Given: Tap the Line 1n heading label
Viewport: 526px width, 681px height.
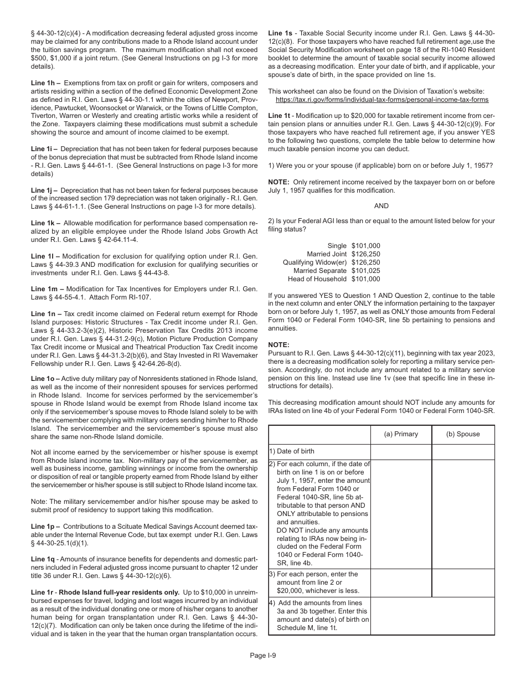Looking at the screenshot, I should point(44,314).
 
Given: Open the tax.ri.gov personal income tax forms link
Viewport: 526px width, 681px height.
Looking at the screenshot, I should point(382,100).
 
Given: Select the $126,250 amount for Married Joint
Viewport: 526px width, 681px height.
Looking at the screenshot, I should point(366,254).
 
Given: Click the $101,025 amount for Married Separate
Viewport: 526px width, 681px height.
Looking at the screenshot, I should point(366,271).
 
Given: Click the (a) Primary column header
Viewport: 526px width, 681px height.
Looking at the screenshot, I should point(401,434).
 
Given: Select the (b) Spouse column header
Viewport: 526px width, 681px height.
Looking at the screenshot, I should point(463,434).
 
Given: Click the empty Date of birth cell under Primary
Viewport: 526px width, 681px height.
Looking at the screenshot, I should point(401,452).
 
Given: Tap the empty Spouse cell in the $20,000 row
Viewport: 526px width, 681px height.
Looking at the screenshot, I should point(463,582).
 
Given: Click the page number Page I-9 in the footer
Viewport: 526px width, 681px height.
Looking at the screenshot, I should point(263,656).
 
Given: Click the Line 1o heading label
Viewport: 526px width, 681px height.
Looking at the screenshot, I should point(44,379).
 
